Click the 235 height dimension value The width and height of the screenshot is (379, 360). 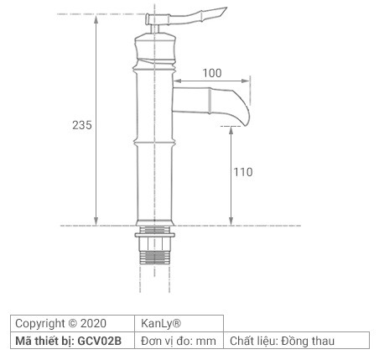81,124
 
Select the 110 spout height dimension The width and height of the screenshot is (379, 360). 242,172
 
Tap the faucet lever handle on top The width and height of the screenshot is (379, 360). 189,15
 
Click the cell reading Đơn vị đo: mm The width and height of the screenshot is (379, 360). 179,341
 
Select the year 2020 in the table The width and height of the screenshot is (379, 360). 94,323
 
